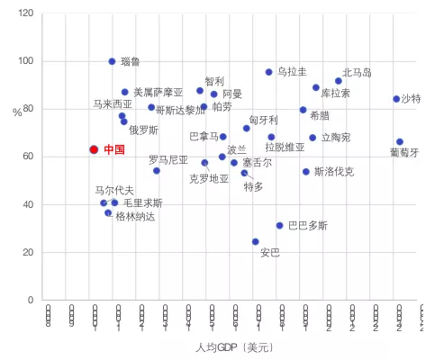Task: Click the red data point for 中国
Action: [93, 150]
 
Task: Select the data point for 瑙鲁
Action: [112, 61]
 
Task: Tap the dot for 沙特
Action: [396, 99]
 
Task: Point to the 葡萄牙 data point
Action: [400, 142]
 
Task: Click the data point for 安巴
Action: [256, 241]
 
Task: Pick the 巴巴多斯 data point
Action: [279, 226]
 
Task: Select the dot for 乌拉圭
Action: [269, 72]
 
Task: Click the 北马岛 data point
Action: [339, 81]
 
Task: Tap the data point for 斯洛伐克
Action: [306, 172]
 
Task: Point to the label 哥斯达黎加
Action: [181, 111]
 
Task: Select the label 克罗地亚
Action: [209, 178]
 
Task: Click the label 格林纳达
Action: [135, 216]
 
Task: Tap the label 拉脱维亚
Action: [285, 147]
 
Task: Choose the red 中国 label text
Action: [113, 150]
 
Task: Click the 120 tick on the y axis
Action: [25, 13]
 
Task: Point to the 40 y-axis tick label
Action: [28, 204]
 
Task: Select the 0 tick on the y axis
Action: [32, 300]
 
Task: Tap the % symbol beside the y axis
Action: [17, 112]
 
